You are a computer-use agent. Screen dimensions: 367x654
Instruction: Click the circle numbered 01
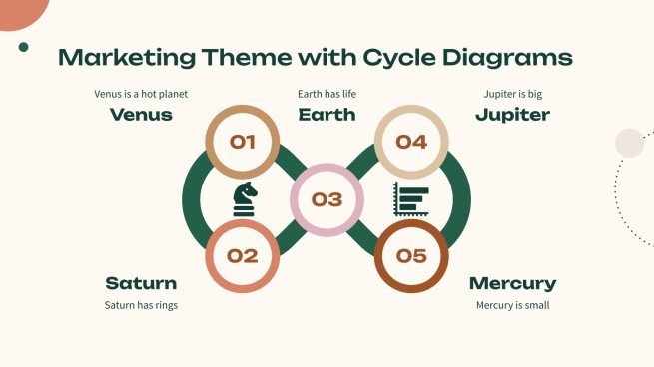coord(242,142)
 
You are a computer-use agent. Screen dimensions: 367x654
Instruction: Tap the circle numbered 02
coord(242,256)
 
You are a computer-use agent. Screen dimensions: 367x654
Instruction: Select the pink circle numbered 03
coord(327,199)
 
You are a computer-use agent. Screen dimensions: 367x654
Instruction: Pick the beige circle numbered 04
coord(410,142)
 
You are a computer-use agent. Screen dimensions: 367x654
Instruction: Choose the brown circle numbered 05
coord(410,256)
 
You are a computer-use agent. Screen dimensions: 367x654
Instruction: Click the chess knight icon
coord(245,199)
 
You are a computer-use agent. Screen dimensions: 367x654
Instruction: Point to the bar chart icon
coord(410,199)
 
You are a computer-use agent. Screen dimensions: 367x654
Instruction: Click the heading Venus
coord(141,115)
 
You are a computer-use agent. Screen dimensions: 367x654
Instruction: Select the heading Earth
coord(327,115)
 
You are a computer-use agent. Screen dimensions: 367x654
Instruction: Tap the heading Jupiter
coord(512,115)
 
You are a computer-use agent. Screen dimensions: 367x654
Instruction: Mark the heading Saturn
coord(141,283)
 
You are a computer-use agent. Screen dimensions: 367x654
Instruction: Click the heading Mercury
coord(512,283)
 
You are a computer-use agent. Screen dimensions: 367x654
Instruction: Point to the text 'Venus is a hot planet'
coord(141,95)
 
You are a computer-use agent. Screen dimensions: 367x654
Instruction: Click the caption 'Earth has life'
coord(327,95)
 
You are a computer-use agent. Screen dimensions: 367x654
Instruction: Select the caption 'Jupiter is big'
coord(512,95)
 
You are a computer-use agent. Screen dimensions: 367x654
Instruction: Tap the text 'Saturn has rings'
coord(141,305)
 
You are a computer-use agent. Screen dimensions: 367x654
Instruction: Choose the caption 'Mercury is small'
coord(512,305)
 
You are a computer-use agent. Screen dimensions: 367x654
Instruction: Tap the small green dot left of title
coord(23,46)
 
